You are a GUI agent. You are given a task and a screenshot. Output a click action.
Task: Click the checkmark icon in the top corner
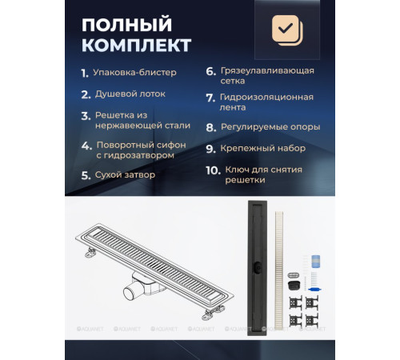coord(286,30)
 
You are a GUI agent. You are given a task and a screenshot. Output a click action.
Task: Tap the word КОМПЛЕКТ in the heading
coord(137,43)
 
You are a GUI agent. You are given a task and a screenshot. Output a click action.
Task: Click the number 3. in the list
coord(85,115)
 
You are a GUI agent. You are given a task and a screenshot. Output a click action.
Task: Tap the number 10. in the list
coord(212,171)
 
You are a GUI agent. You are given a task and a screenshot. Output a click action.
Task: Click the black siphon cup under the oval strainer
coord(294,285)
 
